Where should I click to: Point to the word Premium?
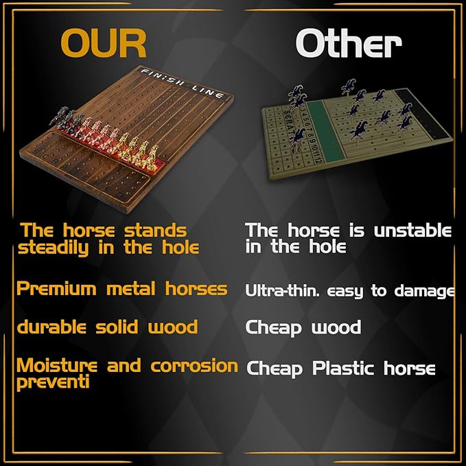coord(57,289)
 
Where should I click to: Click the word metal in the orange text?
coord(132,289)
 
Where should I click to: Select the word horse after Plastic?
coord(408,369)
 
